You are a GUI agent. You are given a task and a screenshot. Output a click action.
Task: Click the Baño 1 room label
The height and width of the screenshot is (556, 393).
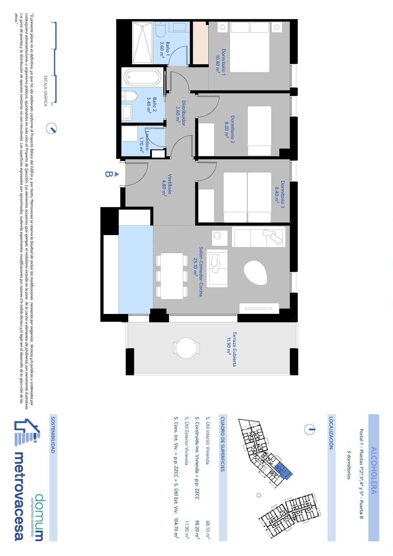point(165,50)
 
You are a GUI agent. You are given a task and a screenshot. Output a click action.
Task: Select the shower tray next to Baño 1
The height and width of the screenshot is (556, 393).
point(142,43)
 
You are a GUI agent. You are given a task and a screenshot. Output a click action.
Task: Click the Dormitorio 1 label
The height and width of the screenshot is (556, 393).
point(221,62)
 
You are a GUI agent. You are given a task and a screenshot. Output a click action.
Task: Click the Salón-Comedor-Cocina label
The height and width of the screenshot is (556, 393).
point(198,272)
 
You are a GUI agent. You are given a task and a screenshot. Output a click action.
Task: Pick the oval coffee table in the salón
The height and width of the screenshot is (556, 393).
point(255,272)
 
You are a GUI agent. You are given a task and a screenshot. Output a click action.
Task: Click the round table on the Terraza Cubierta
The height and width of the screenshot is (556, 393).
point(186,348)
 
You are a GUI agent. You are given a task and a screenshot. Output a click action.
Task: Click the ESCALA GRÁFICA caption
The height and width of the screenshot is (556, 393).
point(45,91)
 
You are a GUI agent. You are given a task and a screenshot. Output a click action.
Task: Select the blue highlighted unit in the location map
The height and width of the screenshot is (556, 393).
point(283,470)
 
